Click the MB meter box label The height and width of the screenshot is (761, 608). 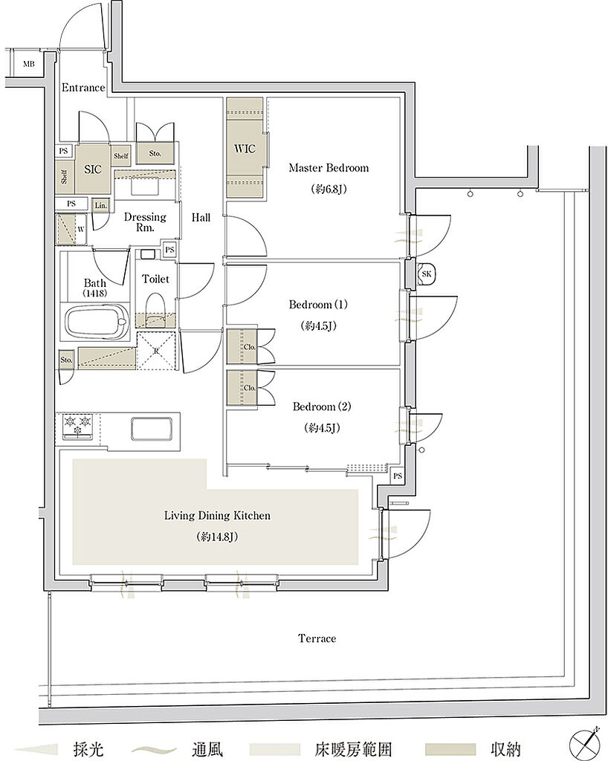[29, 64]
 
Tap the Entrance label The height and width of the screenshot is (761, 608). [83, 88]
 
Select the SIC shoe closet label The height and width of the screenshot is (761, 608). [93, 169]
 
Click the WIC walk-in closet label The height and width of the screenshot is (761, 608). [245, 149]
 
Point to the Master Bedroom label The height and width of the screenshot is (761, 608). [329, 168]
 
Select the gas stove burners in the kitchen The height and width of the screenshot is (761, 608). [77, 425]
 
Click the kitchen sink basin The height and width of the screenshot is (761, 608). [152, 427]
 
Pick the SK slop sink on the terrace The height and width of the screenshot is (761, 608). [427, 274]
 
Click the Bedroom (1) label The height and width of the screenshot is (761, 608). [318, 305]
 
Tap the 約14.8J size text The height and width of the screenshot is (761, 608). [217, 537]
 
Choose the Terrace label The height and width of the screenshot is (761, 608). [317, 638]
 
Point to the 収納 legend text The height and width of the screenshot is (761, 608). [505, 749]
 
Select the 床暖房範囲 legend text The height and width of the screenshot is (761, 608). [353, 749]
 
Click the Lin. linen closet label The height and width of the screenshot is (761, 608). [100, 205]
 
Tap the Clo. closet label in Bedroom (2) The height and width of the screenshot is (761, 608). [250, 388]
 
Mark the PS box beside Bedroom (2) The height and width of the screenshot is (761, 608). [398, 476]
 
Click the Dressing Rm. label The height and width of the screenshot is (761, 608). [145, 222]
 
